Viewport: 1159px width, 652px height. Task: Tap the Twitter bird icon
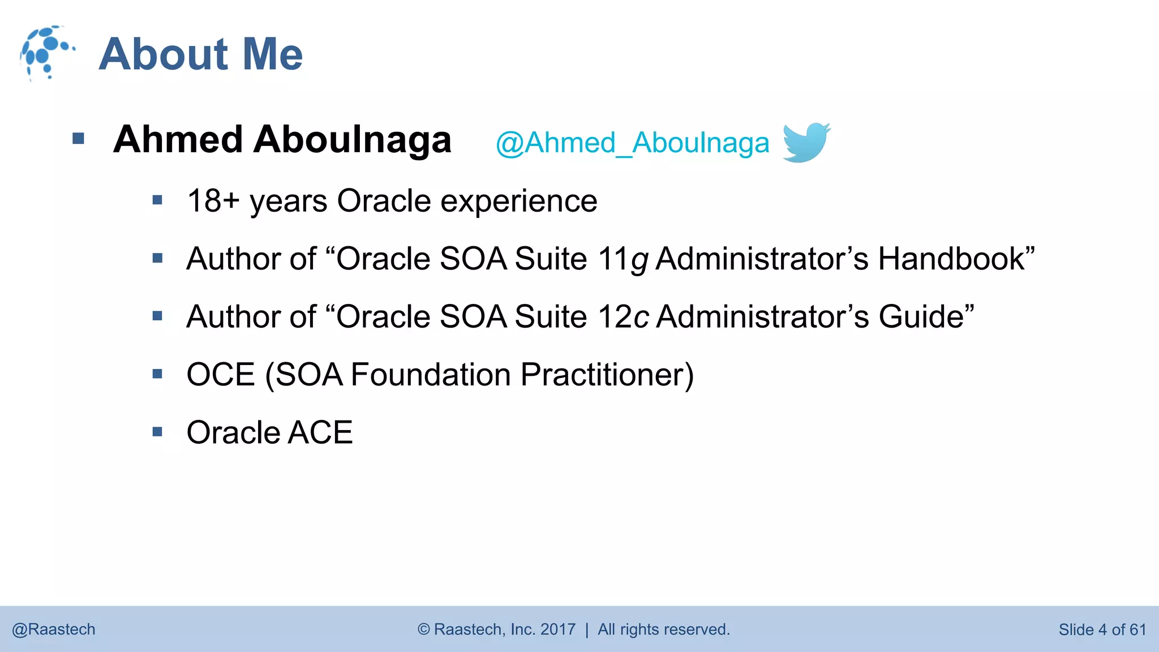point(806,142)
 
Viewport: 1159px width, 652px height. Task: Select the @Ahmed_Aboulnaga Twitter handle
point(632,143)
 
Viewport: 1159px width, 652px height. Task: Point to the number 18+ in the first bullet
point(213,201)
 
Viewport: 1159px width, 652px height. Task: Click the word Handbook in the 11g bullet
point(956,259)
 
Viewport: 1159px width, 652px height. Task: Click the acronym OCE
point(221,375)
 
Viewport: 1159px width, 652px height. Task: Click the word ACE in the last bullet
point(320,433)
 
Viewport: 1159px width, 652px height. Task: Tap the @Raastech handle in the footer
point(54,629)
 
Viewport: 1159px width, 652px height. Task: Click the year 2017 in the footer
point(557,629)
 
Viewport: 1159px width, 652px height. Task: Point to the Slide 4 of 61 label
point(1102,629)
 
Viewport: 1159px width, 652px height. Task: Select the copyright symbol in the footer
point(424,629)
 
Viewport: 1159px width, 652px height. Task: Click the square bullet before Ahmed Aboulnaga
point(79,139)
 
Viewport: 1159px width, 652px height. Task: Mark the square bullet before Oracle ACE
point(157,432)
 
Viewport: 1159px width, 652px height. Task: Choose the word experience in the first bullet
point(518,201)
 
